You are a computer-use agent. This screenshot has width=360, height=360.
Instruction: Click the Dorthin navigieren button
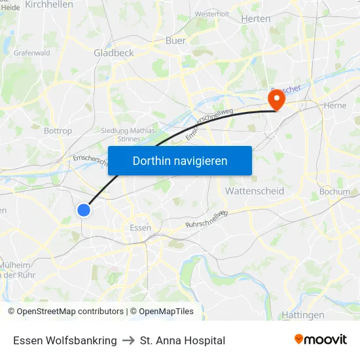click(x=180, y=160)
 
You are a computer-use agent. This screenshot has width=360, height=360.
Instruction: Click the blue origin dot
click(x=84, y=209)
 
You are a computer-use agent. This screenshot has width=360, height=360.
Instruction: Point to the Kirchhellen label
click(x=49, y=5)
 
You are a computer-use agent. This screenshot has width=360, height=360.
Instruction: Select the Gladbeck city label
click(x=113, y=53)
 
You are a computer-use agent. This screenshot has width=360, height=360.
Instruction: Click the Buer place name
click(x=175, y=41)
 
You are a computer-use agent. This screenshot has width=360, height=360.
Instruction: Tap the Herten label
click(x=255, y=19)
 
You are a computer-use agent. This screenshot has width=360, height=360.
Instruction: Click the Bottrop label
click(x=58, y=131)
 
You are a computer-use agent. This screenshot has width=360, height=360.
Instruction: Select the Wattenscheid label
click(x=254, y=191)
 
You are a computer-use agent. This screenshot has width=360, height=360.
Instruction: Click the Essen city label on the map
click(x=140, y=228)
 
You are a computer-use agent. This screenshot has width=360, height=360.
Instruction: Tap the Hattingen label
click(x=302, y=315)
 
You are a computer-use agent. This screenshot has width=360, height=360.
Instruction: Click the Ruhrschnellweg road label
click(x=206, y=219)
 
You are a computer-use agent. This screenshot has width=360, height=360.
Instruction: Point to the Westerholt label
click(x=211, y=14)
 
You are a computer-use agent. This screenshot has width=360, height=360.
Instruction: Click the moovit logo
click(x=321, y=340)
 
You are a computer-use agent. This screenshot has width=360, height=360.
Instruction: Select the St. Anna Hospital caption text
click(x=183, y=340)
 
